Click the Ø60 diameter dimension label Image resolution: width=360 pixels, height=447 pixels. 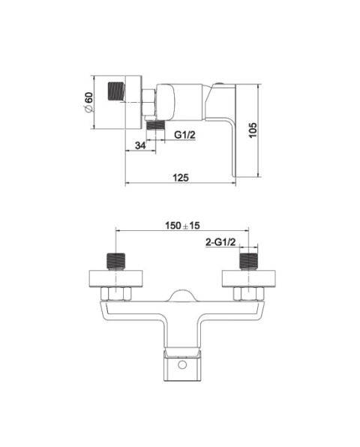coord(88,102)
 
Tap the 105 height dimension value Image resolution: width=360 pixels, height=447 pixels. coord(253,130)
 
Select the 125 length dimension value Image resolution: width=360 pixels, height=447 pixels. coord(181,178)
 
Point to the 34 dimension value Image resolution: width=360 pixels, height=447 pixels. coord(140,145)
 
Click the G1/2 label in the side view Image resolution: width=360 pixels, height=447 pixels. coord(185,134)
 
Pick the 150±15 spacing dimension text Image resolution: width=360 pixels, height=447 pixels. coord(182,226)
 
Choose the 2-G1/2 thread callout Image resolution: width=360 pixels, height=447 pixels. coord(220,242)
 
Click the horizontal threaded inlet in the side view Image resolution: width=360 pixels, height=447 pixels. coord(116,91)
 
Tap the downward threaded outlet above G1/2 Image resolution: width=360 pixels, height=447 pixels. coord(156,125)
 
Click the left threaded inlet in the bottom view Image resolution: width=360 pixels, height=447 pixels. coord(116,261)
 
